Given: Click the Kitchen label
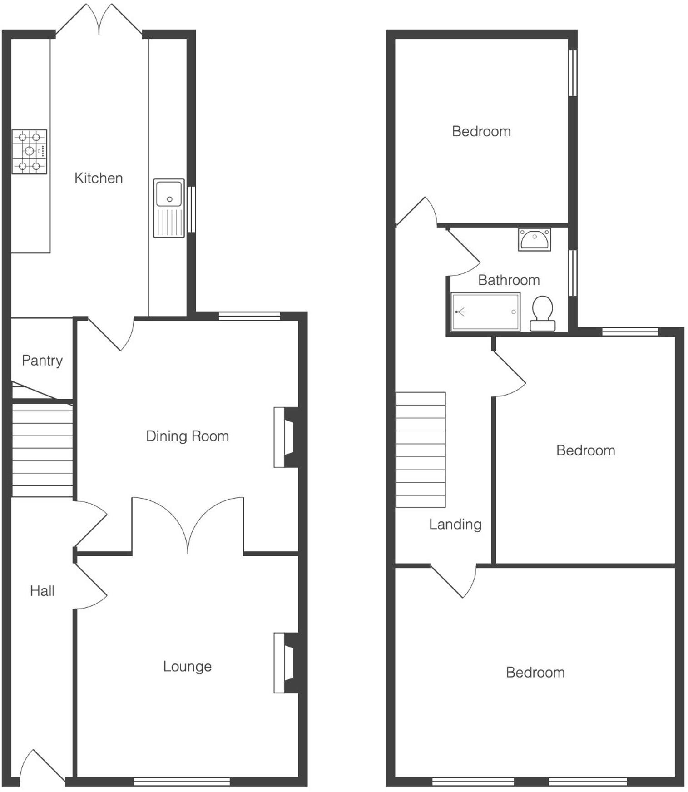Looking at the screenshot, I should click(x=99, y=178).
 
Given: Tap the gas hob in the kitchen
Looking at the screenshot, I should click(x=30, y=151).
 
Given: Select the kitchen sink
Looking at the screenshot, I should click(x=169, y=208).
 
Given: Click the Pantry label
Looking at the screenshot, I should click(x=42, y=361).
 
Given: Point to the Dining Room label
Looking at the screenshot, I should click(x=187, y=436).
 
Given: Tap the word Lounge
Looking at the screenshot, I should click(x=187, y=666).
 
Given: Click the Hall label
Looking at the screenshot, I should click(x=42, y=591).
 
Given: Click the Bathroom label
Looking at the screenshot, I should click(x=509, y=280).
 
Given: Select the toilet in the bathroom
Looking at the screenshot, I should click(x=542, y=313).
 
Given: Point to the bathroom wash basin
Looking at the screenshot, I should click(x=535, y=239).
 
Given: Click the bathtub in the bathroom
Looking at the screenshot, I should click(x=485, y=312).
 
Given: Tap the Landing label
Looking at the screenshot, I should click(x=455, y=525).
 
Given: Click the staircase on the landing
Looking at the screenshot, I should click(x=421, y=450).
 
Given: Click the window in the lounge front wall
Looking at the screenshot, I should click(x=182, y=782).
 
